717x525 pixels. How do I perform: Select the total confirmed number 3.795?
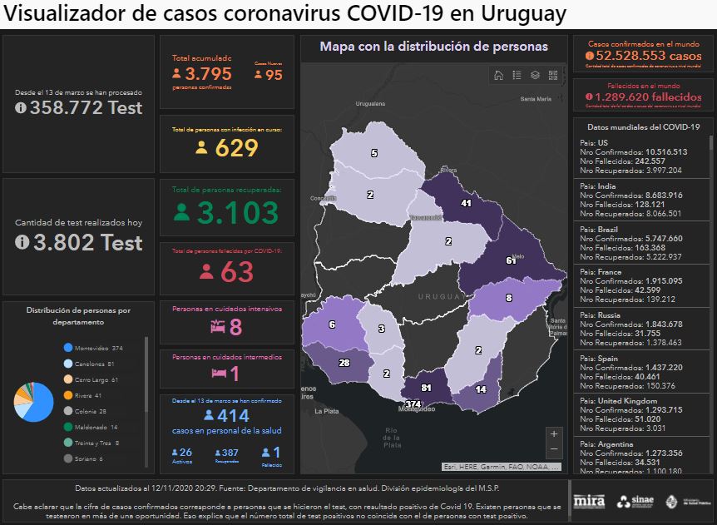point(202,75)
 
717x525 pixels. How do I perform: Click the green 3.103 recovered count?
point(225,212)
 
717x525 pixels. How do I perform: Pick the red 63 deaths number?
point(227,271)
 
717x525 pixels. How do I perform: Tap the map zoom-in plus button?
point(555,433)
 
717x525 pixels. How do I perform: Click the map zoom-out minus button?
point(555,450)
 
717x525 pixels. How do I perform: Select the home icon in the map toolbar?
point(498,76)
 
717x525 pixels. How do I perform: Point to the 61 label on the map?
point(511,261)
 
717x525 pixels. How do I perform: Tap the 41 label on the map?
point(467,203)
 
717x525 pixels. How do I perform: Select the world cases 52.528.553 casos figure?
point(638,56)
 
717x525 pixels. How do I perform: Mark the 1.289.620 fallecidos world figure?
point(638,97)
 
